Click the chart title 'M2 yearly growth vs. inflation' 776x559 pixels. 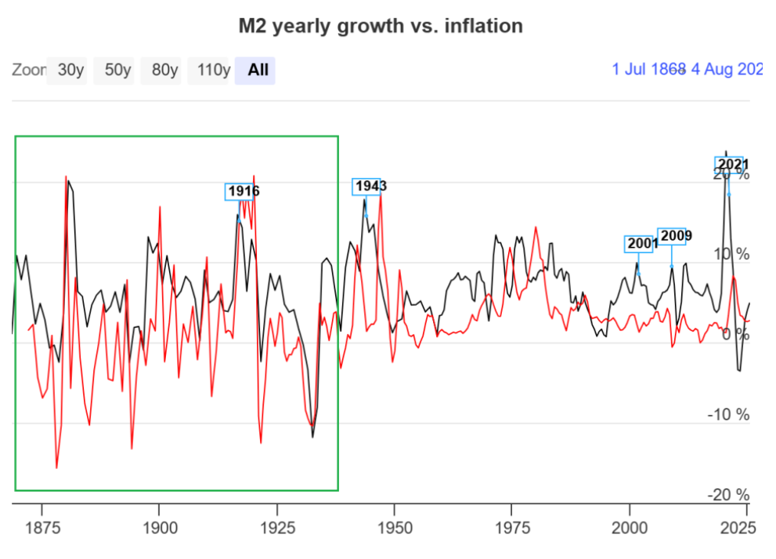381,26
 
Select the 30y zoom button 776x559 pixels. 70,70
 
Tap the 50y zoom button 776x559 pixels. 117,70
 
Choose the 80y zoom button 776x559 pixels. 164,70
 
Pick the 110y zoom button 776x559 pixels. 213,70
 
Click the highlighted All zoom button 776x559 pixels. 258,70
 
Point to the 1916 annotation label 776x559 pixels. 244,191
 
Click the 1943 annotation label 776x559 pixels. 370,187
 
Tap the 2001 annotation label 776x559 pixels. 643,244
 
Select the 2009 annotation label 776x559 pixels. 675,236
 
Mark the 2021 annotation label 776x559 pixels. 732,165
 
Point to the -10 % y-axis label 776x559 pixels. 728,414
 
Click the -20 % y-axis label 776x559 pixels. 728,495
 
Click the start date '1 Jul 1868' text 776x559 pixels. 648,69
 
